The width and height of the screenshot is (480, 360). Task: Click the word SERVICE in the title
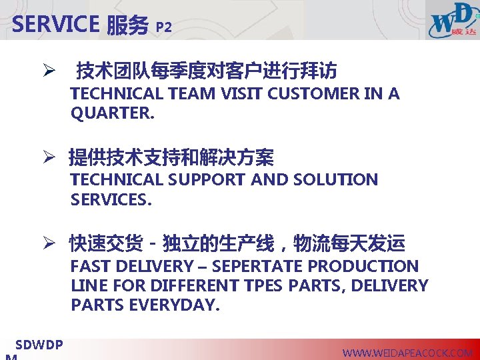tap(55, 25)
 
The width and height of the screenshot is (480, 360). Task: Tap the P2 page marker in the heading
tap(163, 27)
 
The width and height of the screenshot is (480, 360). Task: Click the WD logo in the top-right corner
tap(453, 21)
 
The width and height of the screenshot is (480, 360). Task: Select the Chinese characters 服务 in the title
tap(127, 25)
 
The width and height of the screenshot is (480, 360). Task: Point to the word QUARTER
tap(111, 113)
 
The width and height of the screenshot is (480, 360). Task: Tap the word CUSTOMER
tap(314, 94)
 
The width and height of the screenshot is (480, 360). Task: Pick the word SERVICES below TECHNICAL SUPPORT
tap(111, 199)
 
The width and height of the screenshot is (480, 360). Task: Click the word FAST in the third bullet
tap(91, 267)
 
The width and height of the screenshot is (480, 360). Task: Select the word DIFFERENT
tap(197, 286)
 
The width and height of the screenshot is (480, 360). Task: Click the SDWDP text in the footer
tap(39, 345)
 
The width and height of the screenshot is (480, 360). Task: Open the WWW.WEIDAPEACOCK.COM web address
tap(407, 353)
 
